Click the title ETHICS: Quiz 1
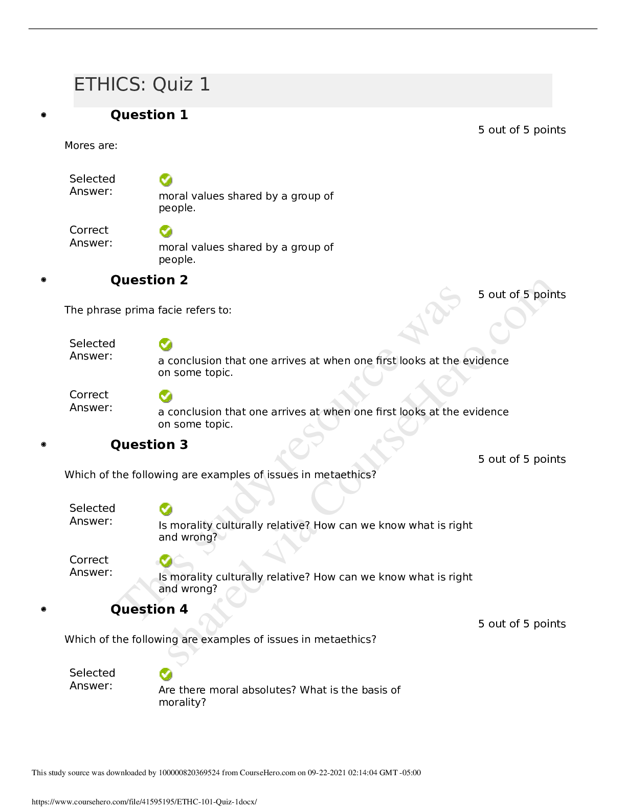point(142,84)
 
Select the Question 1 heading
point(149,115)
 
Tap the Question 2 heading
point(149,280)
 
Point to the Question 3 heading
point(149,444)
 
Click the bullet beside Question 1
point(43,115)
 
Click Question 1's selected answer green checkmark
point(166,180)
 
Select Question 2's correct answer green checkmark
point(166,396)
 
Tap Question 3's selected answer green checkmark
point(166,509)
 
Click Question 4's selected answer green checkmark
point(166,674)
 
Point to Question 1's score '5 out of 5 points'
point(522,130)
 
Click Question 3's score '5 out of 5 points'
point(522,459)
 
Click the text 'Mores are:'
point(91,145)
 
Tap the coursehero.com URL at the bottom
point(144,801)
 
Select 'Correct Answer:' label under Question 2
point(91,401)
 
